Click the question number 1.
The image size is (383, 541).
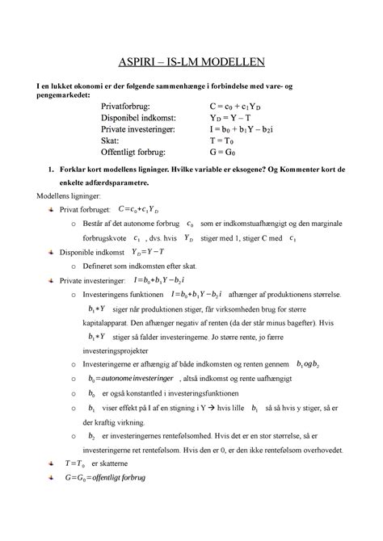click(51, 170)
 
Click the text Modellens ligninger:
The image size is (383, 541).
click(64, 195)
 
